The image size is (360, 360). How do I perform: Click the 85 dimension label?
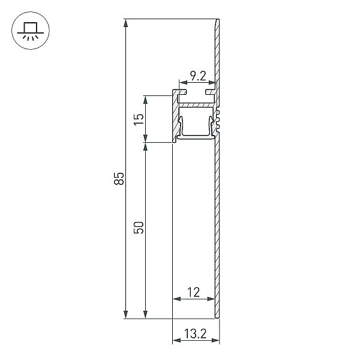click(x=119, y=178)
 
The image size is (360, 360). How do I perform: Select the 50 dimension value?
click(x=139, y=227)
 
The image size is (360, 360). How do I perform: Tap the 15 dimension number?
click(x=139, y=119)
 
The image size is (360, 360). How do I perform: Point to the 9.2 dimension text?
click(x=199, y=76)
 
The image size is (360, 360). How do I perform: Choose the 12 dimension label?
click(x=194, y=293)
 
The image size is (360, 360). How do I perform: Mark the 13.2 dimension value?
click(x=196, y=334)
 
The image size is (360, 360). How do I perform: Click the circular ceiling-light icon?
click(x=31, y=31)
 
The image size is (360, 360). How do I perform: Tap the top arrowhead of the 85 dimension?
click(x=125, y=23)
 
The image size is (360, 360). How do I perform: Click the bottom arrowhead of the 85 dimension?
click(x=125, y=314)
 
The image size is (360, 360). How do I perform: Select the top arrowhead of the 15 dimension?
click(x=145, y=100)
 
